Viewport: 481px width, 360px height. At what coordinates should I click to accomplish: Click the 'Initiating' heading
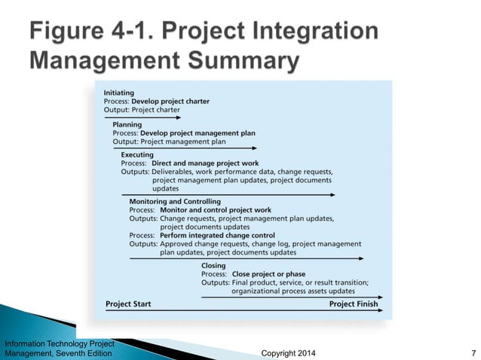pos(119,93)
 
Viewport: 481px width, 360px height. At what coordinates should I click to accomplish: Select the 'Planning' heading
pos(127,124)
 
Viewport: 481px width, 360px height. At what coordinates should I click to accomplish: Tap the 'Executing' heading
pos(137,155)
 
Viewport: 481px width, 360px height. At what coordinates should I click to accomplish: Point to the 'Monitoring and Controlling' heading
pos(175,202)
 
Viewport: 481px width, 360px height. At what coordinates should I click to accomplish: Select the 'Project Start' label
pos(128,304)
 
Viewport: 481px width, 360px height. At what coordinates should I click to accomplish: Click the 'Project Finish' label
pos(353,304)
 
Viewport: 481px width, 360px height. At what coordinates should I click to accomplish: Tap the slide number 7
pos(471,353)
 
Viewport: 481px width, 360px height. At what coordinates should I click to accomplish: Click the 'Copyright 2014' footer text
pos(288,353)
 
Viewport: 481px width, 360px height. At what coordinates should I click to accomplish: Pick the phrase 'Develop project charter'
pos(170,101)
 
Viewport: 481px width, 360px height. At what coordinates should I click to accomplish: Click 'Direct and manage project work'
pos(205,163)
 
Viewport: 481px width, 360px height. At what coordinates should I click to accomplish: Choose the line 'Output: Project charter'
pos(142,109)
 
